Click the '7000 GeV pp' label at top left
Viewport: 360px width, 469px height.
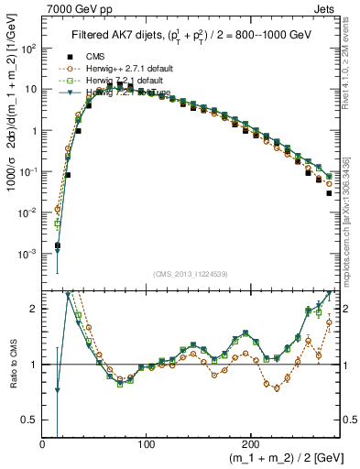tap(75, 8)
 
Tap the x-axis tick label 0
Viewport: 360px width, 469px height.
tap(43, 444)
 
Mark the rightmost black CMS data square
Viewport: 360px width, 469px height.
tap(330, 193)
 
